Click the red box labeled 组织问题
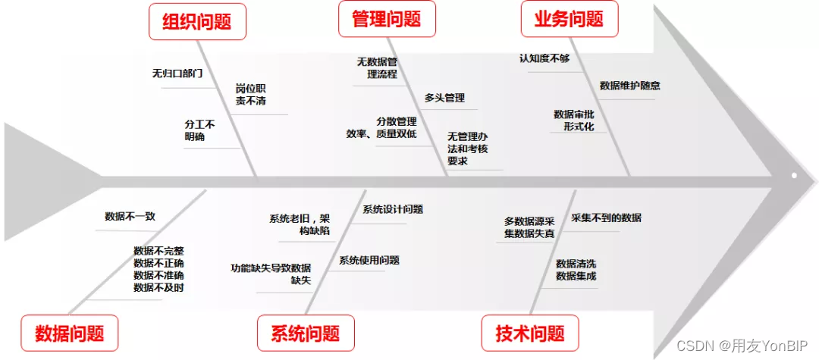197,20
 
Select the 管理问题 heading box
387,18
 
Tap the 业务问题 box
570,18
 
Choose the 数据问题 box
69,333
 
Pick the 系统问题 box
306,333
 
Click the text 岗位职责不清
250,94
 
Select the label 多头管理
444,98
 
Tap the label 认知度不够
544,58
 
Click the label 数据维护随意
629,86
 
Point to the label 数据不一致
130,216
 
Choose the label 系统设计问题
392,209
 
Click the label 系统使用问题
369,260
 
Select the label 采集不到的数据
606,218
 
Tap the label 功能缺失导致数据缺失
271,274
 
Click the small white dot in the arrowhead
794,175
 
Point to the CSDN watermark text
743,346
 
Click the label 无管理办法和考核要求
467,149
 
